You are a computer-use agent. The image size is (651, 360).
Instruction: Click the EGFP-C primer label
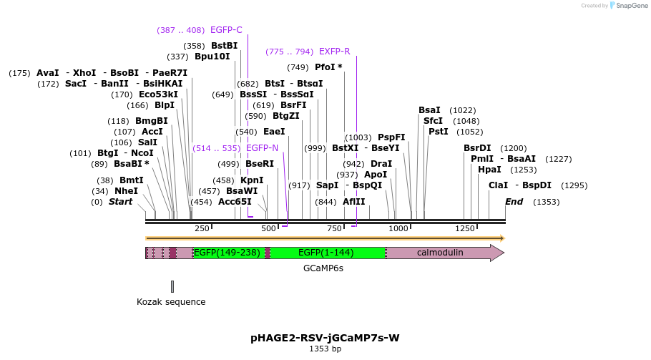(x=226, y=30)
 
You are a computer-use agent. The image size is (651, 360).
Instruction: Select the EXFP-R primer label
(x=334, y=52)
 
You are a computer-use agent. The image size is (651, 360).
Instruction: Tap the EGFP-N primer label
(x=262, y=148)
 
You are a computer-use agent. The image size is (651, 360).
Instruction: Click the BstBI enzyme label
(x=224, y=46)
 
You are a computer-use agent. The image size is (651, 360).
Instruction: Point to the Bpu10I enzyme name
(x=212, y=57)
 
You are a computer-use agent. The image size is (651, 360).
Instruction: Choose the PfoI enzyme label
(x=328, y=67)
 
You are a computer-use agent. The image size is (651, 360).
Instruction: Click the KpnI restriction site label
(x=252, y=180)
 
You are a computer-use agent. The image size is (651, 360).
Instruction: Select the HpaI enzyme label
(x=489, y=170)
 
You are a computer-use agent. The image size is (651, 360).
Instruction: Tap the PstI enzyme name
(x=439, y=132)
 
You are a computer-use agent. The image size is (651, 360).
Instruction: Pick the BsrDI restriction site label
(x=477, y=148)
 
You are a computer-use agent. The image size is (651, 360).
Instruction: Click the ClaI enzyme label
(x=498, y=185)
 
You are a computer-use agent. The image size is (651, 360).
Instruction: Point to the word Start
(x=120, y=202)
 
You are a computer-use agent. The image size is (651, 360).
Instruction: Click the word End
(x=514, y=202)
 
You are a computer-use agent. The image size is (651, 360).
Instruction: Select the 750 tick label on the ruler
(x=334, y=228)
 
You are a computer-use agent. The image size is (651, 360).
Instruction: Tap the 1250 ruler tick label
(x=465, y=228)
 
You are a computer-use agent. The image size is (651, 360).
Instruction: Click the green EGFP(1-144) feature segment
(x=326, y=253)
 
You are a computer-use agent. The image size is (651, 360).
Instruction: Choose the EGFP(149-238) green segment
(x=227, y=253)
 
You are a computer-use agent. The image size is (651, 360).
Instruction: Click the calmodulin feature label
(x=440, y=253)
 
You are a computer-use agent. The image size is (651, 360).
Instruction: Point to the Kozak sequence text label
(x=171, y=302)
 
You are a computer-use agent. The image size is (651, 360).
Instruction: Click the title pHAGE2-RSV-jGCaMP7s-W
(x=325, y=337)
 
